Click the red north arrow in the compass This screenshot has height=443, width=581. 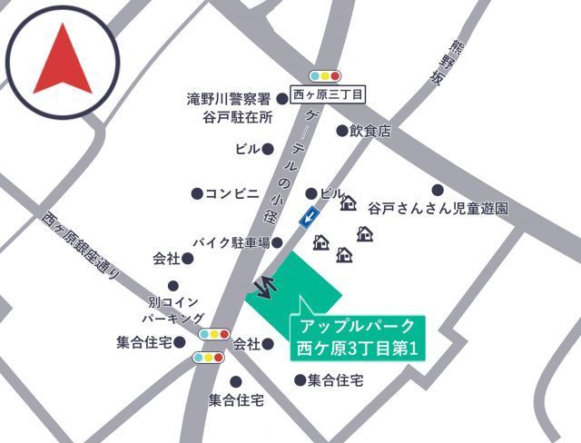[x=62, y=60]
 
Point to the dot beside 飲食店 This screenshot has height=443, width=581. [x=342, y=131]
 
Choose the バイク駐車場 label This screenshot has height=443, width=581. [x=231, y=242]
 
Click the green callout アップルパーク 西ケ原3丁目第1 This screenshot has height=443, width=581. [x=356, y=336]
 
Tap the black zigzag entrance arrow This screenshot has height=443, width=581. [x=266, y=286]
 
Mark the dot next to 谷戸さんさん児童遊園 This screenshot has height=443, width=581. [x=438, y=191]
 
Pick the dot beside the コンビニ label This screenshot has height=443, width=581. [x=196, y=193]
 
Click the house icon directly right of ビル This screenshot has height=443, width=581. [x=348, y=202]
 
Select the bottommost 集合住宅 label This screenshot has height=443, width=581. [x=236, y=399]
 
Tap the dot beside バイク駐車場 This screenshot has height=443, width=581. [x=278, y=242]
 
